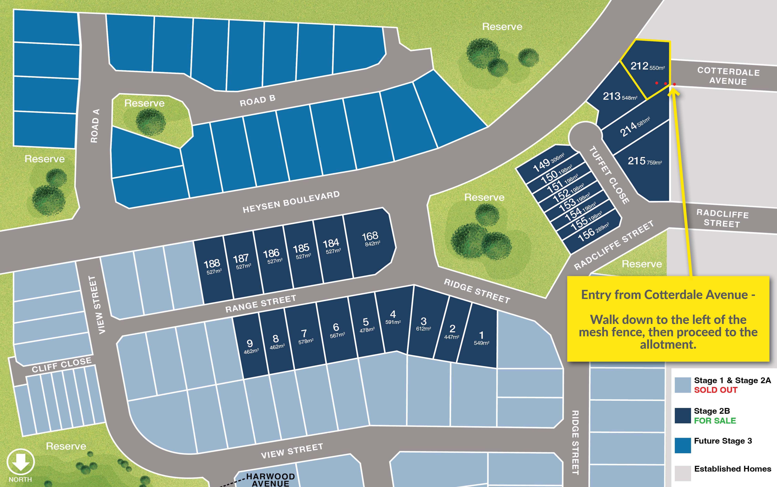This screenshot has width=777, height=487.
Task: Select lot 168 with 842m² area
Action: coord(371,245)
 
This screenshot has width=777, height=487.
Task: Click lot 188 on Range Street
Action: coord(213,271)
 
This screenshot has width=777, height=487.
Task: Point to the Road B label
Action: coord(257,100)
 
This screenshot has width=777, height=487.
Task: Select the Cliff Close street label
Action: coord(62,365)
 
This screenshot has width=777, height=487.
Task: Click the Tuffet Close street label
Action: coord(609,175)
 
